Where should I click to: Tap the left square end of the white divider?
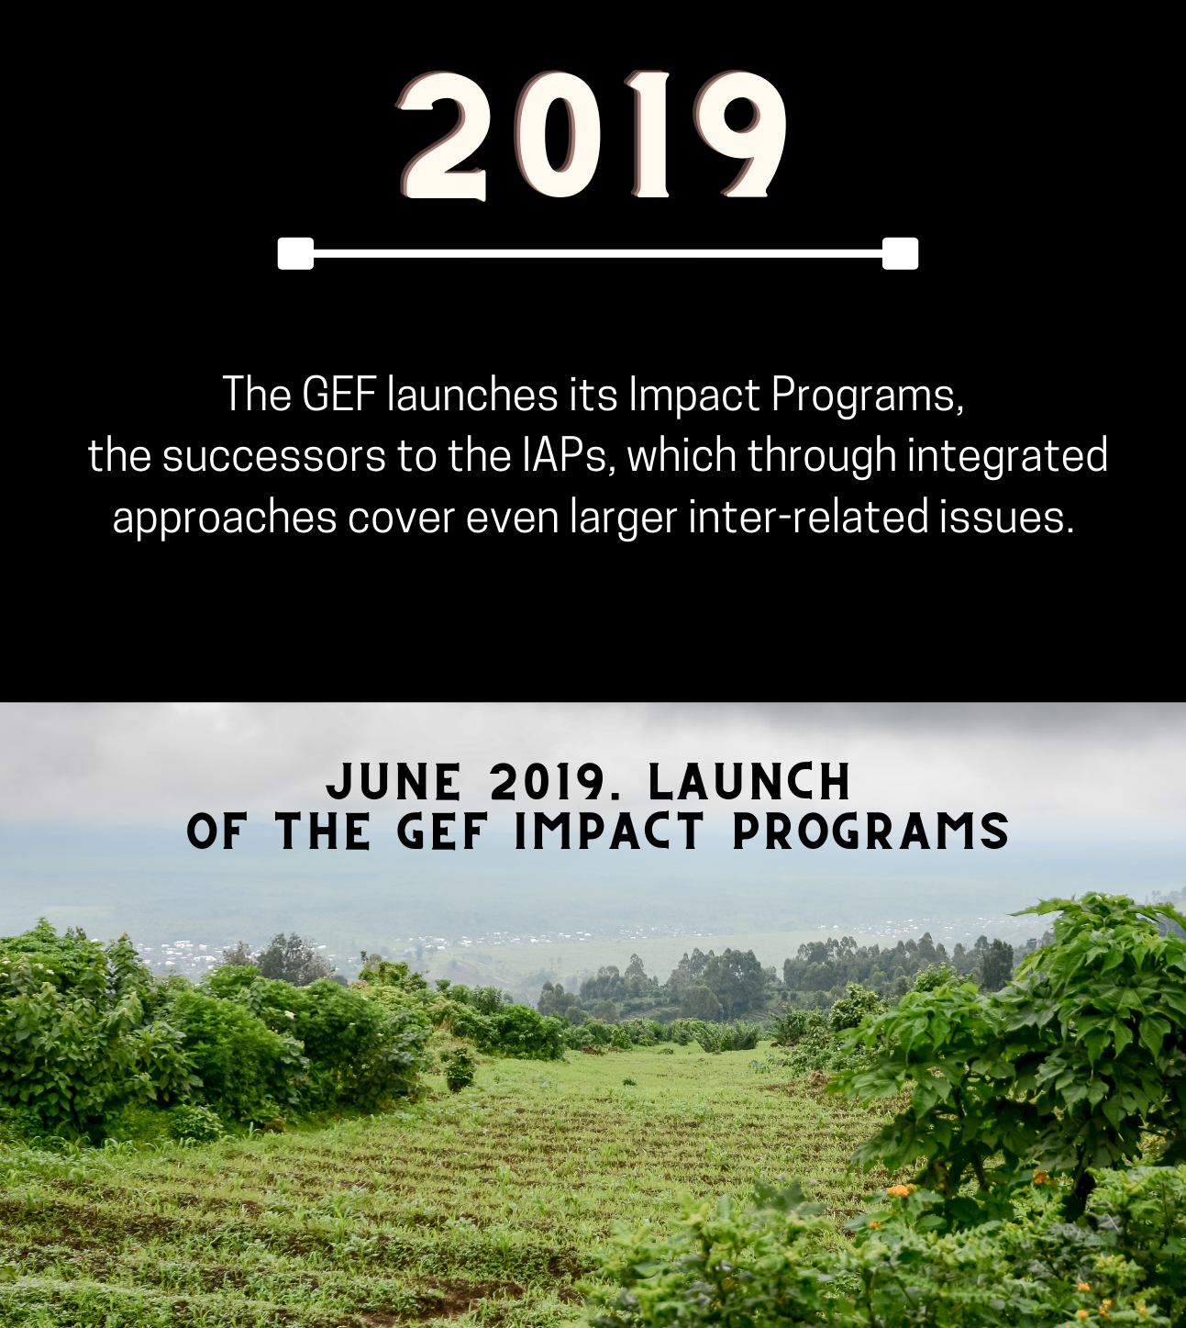tap(295, 253)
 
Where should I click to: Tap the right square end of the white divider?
tap(901, 253)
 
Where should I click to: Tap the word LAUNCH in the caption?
tap(749, 782)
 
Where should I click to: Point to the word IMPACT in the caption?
tap(609, 831)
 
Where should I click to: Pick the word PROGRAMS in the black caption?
tap(870, 831)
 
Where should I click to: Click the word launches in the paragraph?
tap(472, 395)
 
